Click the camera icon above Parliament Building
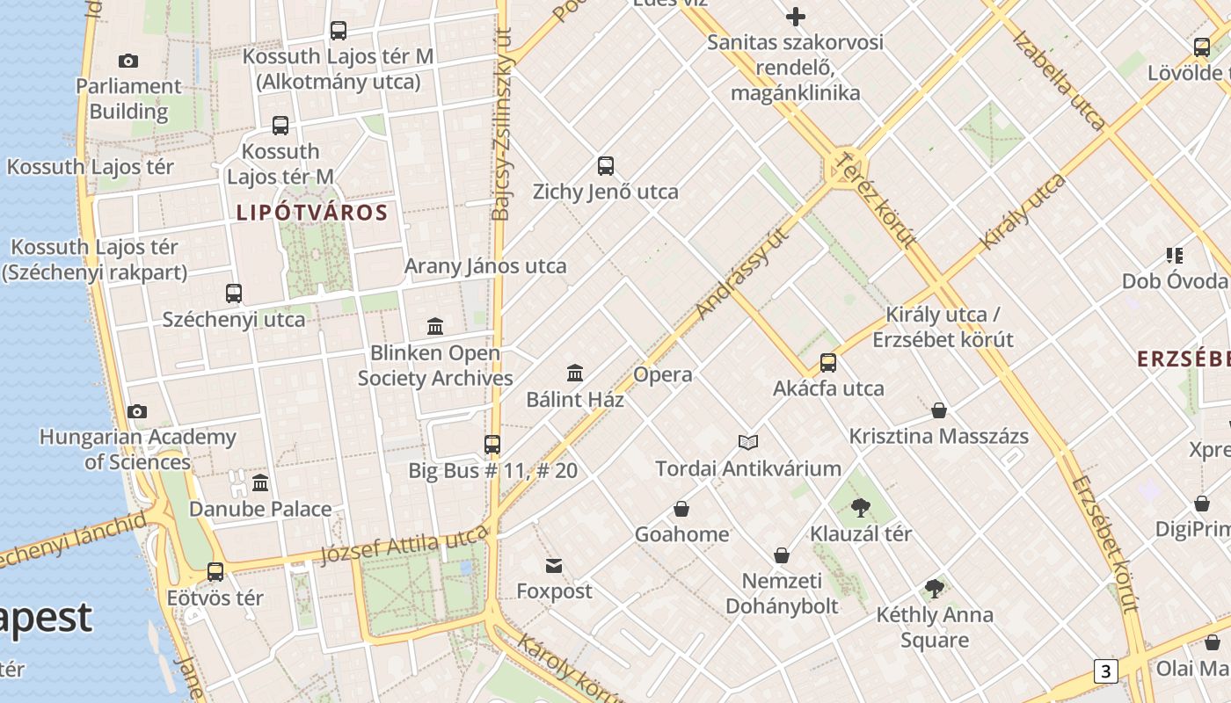click(128, 61)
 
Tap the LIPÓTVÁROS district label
click(312, 213)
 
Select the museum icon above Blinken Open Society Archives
click(434, 327)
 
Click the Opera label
click(663, 375)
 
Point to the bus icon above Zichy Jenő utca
click(605, 165)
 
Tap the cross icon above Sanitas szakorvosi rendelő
click(796, 17)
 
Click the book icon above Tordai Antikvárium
click(748, 442)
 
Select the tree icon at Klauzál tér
click(861, 507)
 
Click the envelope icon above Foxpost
click(554, 565)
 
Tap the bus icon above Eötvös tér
click(215, 572)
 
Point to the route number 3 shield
click(1105, 671)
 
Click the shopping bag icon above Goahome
click(681, 509)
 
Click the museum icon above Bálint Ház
click(575, 373)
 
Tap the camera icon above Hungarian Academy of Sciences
click(137, 411)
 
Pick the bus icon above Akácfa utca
click(827, 362)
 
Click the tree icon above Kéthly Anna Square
click(935, 589)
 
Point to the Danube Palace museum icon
click(260, 482)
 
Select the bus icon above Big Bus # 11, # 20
click(492, 445)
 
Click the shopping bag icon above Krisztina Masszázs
click(939, 410)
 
